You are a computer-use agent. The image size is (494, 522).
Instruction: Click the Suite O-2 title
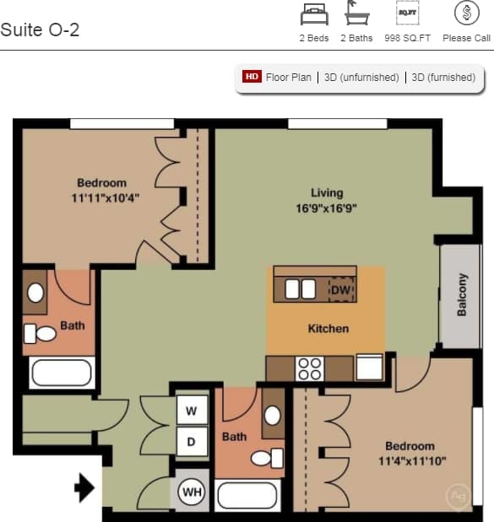point(40,30)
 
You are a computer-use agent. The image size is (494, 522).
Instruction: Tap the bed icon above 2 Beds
point(313,13)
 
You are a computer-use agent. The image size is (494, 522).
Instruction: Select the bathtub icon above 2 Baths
point(356,13)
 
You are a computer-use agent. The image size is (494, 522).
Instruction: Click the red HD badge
point(252,77)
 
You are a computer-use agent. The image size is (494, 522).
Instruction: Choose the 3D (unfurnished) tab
point(361,77)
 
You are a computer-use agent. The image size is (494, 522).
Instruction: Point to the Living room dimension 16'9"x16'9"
point(327,208)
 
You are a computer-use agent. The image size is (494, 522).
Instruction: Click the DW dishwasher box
point(340,290)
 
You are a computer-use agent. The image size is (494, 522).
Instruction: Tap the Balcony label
point(462,294)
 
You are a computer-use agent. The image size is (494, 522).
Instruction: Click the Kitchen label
point(328,328)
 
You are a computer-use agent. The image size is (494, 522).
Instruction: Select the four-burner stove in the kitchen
point(310,369)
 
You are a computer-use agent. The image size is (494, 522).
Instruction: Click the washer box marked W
point(192,412)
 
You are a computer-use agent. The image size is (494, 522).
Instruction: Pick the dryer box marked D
point(192,441)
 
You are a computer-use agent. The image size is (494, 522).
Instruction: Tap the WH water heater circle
point(192,492)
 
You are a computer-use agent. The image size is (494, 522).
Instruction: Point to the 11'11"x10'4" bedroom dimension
point(106,197)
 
